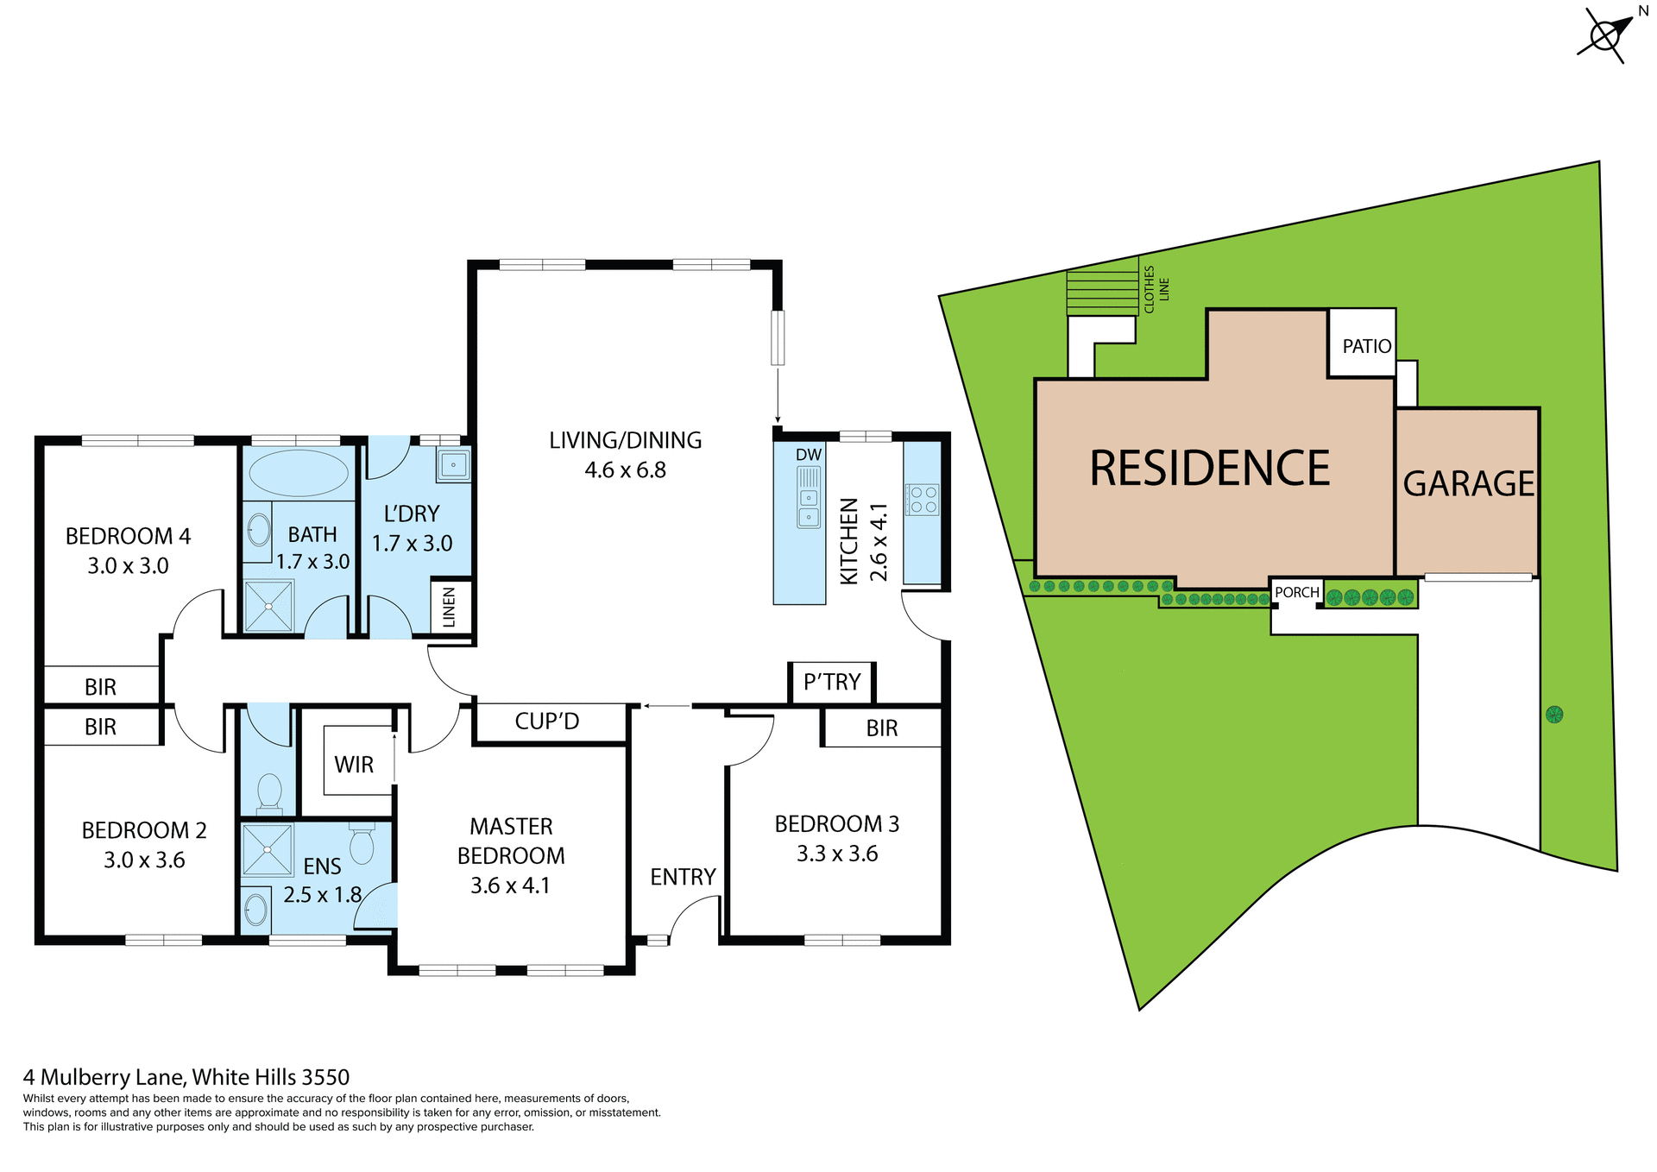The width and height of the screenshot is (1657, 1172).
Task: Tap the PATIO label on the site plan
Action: point(1366,346)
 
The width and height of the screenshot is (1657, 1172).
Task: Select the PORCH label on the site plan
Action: point(1297,592)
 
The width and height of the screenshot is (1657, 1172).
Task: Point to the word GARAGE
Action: point(1468,484)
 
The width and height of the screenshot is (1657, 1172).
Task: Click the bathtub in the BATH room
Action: point(299,473)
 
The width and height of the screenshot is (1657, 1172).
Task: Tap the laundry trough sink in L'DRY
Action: point(453,465)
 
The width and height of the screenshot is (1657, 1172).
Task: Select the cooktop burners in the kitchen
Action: point(923,500)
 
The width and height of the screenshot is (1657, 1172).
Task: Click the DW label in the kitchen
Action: point(809,455)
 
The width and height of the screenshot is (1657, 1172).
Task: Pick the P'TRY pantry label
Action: point(832,683)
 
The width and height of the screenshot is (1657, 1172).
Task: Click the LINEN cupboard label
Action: point(449,607)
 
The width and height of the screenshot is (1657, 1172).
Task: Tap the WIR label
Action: point(354,765)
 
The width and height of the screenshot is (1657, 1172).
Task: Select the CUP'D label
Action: point(547,721)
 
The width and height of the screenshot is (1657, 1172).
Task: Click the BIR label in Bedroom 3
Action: point(882,728)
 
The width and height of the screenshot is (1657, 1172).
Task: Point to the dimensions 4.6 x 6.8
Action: point(625,470)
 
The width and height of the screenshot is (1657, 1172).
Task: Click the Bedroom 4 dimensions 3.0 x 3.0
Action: point(128,566)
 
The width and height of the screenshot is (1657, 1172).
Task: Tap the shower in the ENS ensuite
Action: point(268,850)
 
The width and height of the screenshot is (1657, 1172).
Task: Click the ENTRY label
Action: point(683,877)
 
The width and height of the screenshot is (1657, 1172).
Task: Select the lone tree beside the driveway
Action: point(1554,715)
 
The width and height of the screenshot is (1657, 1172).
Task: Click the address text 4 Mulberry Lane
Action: point(104,1077)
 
